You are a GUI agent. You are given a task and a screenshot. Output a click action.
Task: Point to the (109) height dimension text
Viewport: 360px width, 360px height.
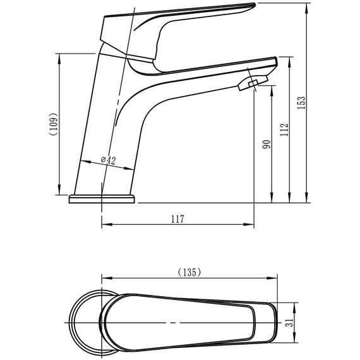pyautogui.click(x=55, y=124)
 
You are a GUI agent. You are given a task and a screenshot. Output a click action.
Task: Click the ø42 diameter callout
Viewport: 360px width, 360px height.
pyautogui.click(x=108, y=161)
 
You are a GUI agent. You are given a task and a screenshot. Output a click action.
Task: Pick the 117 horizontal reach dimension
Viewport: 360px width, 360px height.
pyautogui.click(x=177, y=219)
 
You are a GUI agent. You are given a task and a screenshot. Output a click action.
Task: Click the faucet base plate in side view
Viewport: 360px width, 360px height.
pyautogui.click(x=102, y=199)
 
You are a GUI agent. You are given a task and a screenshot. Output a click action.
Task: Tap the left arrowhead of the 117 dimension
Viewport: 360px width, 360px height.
pyautogui.click(x=105, y=224)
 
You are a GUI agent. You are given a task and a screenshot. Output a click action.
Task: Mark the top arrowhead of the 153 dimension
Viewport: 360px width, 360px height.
pyautogui.click(x=307, y=5)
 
